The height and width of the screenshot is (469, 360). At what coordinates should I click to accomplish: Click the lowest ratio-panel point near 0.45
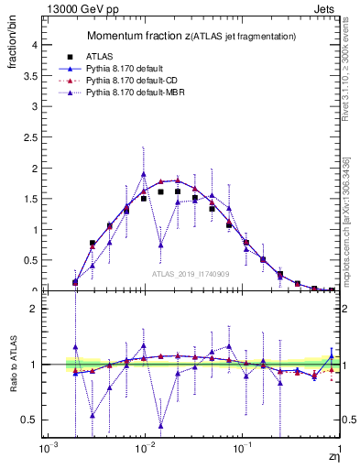161,425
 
